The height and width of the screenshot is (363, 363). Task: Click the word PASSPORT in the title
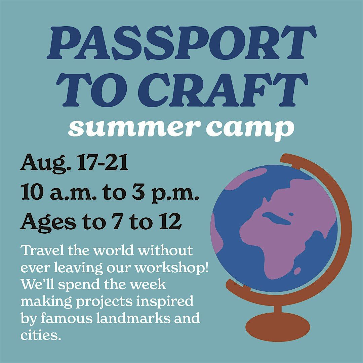click(182, 43)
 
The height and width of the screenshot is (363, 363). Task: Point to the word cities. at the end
click(41, 335)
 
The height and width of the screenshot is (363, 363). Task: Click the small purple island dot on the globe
click(297, 270)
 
